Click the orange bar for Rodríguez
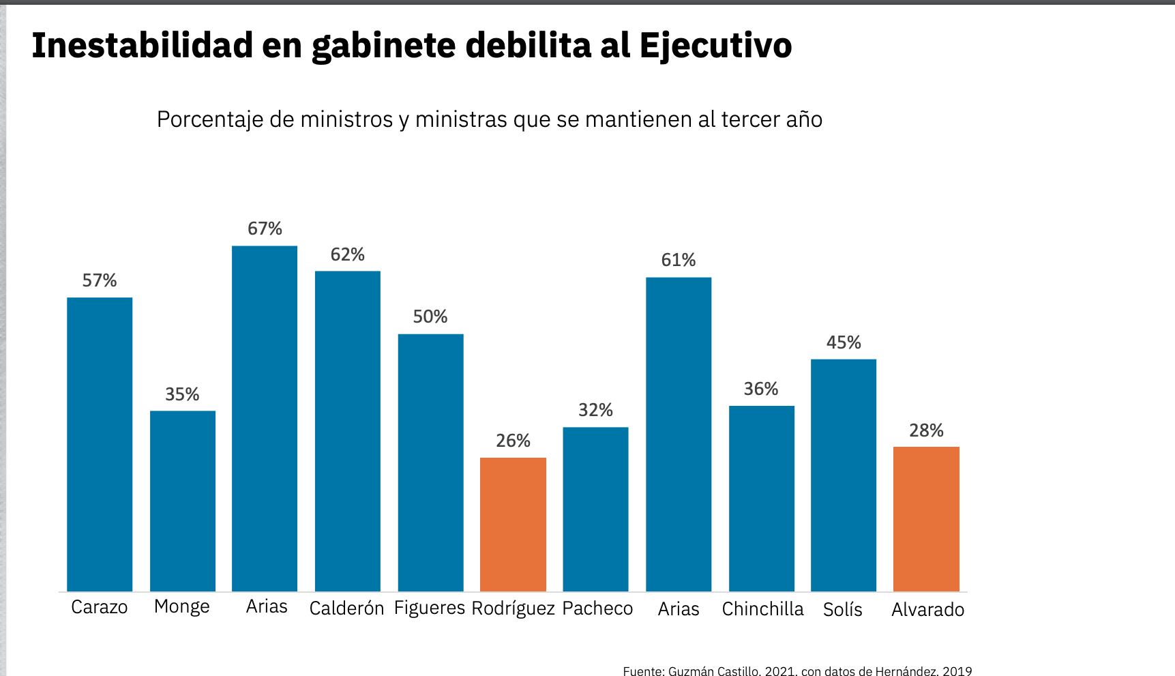pyautogui.click(x=513, y=524)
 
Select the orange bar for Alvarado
pyautogui.click(x=926, y=518)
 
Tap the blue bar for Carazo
pyautogui.click(x=100, y=444)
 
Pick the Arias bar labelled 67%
pyautogui.click(x=265, y=418)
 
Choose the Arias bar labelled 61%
pyautogui.click(x=679, y=434)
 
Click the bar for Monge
pyautogui.click(x=183, y=501)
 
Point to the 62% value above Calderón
pyautogui.click(x=348, y=254)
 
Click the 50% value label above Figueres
pyautogui.click(x=430, y=317)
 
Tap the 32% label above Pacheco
pyautogui.click(x=595, y=410)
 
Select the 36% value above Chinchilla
pyautogui.click(x=761, y=389)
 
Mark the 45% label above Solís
pyautogui.click(x=844, y=342)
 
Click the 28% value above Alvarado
pyautogui.click(x=926, y=430)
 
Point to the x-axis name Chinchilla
pyautogui.click(x=762, y=608)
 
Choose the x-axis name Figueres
pyautogui.click(x=430, y=607)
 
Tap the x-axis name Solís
pyautogui.click(x=843, y=609)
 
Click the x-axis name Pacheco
pyautogui.click(x=597, y=608)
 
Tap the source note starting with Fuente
pyautogui.click(x=797, y=671)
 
